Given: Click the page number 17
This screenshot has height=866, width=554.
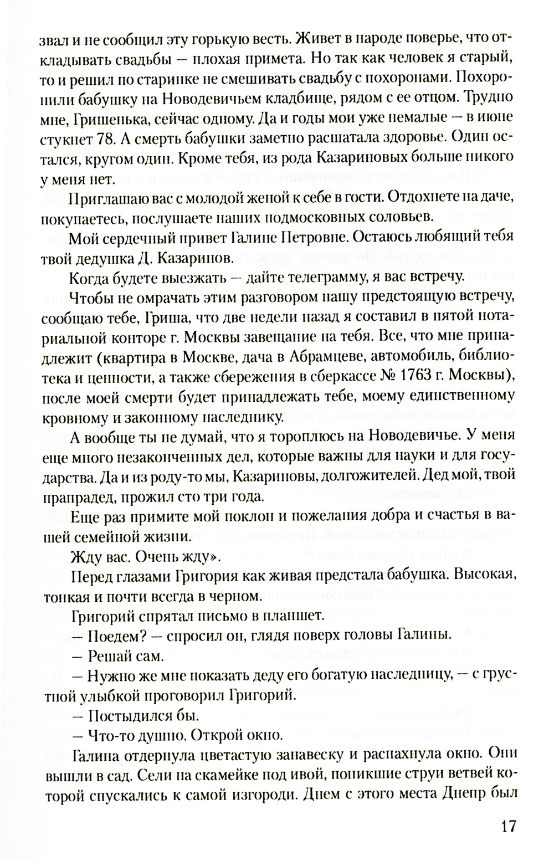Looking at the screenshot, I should (508, 826).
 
